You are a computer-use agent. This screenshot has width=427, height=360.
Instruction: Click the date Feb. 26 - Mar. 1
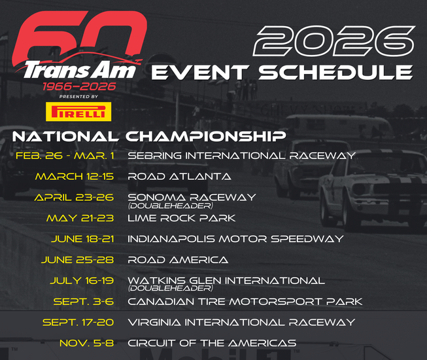pyautogui.click(x=66, y=156)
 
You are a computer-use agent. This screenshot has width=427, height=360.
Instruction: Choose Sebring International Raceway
pyautogui.click(x=241, y=156)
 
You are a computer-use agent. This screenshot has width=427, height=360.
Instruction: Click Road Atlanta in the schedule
pyautogui.click(x=179, y=177)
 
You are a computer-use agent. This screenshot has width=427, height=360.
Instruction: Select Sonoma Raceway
pyautogui.click(x=192, y=196)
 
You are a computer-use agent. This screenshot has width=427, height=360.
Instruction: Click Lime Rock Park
pyautogui.click(x=181, y=218)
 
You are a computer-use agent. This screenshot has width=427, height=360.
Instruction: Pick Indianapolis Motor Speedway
pyautogui.click(x=235, y=239)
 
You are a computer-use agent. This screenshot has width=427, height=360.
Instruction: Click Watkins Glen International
pyautogui.click(x=226, y=280)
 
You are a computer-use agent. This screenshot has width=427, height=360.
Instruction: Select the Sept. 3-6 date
pyautogui.click(x=84, y=301)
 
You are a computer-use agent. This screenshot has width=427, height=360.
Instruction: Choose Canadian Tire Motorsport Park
pyautogui.click(x=245, y=301)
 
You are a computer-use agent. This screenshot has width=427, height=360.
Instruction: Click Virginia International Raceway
pyautogui.click(x=241, y=322)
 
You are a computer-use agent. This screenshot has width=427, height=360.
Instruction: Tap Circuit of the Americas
pyautogui.click(x=212, y=343)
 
